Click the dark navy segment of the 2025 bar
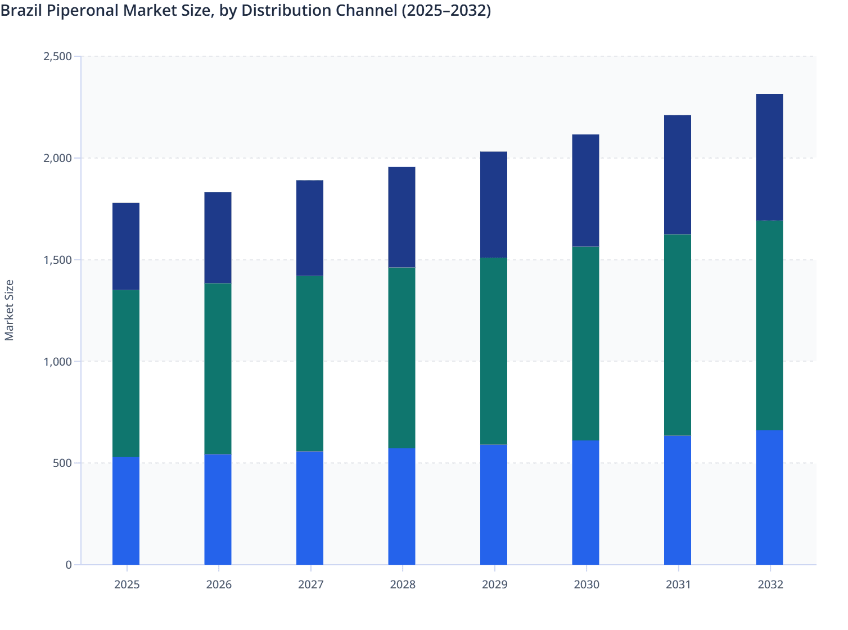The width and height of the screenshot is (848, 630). tap(126, 246)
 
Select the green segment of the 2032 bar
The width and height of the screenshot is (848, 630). tap(769, 326)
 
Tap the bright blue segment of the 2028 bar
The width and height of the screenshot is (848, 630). tap(402, 506)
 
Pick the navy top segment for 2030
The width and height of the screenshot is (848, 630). tap(585, 190)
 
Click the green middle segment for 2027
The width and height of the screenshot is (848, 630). tap(310, 363)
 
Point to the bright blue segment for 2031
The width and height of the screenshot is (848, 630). tap(678, 500)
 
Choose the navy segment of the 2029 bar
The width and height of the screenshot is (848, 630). tap(494, 205)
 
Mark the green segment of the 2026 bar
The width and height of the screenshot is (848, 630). tap(218, 368)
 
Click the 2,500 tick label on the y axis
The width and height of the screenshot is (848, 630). tap(57, 56)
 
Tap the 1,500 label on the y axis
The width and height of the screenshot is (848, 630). tap(57, 260)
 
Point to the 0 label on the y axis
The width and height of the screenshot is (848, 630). tap(69, 565)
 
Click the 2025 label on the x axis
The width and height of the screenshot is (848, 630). tap(127, 584)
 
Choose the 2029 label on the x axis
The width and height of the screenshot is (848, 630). tap(494, 584)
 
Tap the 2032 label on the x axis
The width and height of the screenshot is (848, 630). tap(770, 584)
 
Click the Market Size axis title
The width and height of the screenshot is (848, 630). tap(9, 310)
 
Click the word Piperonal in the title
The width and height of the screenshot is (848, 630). tap(84, 11)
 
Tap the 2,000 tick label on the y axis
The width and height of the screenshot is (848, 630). tap(57, 158)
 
